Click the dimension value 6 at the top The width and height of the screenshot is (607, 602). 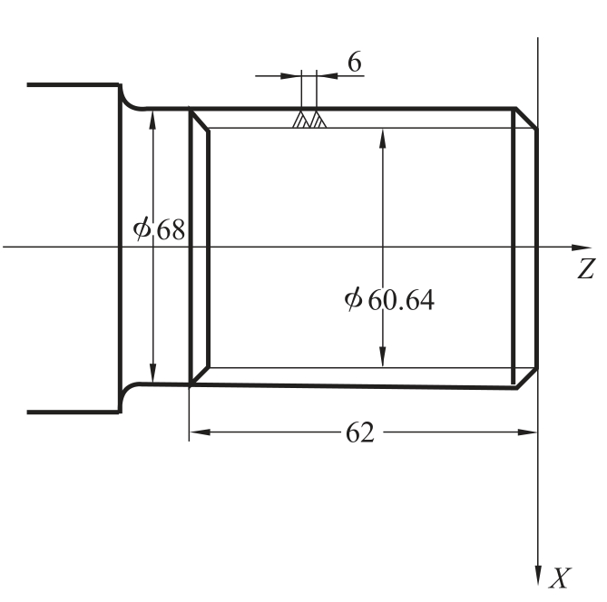[x=355, y=62]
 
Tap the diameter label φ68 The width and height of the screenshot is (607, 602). [x=159, y=229]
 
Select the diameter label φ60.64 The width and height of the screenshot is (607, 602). [x=389, y=299]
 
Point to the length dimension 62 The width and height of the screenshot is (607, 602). [x=360, y=432]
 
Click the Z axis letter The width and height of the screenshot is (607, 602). [x=586, y=268]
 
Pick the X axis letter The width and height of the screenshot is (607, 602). [x=560, y=578]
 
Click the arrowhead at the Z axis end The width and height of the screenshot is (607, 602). [x=582, y=248]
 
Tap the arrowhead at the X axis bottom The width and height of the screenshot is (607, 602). [x=538, y=576]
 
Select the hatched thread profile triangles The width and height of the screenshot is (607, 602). [x=309, y=119]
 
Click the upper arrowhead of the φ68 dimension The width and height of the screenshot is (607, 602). [x=153, y=120]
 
